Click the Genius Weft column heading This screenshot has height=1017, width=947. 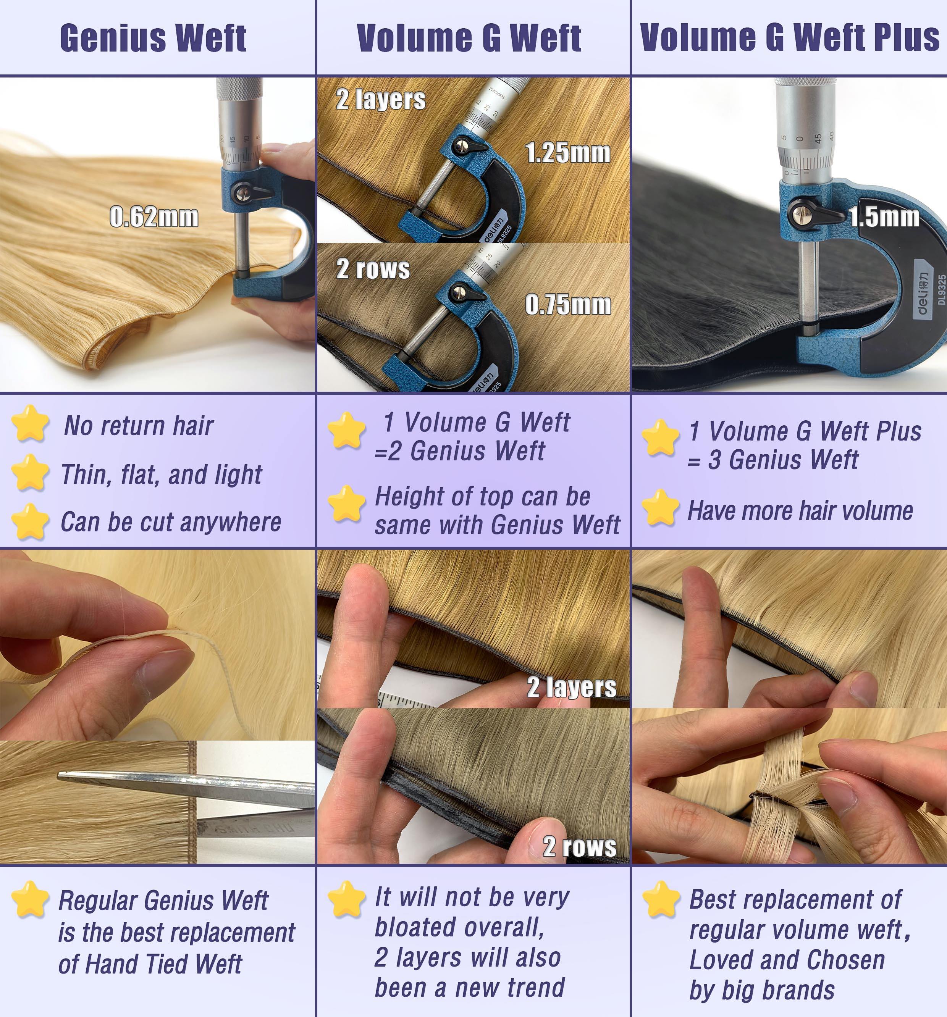click(x=153, y=37)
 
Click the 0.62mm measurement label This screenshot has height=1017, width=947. click(x=154, y=217)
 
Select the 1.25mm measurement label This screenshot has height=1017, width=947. click(x=568, y=153)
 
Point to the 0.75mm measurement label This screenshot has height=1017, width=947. click(x=568, y=305)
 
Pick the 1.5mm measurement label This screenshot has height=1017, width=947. click(x=884, y=217)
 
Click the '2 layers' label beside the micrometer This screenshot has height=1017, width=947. click(x=381, y=99)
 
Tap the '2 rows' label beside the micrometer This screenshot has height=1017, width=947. click(x=373, y=269)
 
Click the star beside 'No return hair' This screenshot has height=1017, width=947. click(x=30, y=423)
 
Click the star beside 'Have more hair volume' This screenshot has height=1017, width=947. click(x=661, y=507)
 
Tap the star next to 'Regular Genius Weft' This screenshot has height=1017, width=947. click(x=30, y=899)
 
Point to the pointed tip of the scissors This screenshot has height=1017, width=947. click(x=58, y=776)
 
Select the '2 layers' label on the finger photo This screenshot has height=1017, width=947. click(x=572, y=686)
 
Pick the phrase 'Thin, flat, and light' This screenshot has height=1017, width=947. click(x=161, y=475)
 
